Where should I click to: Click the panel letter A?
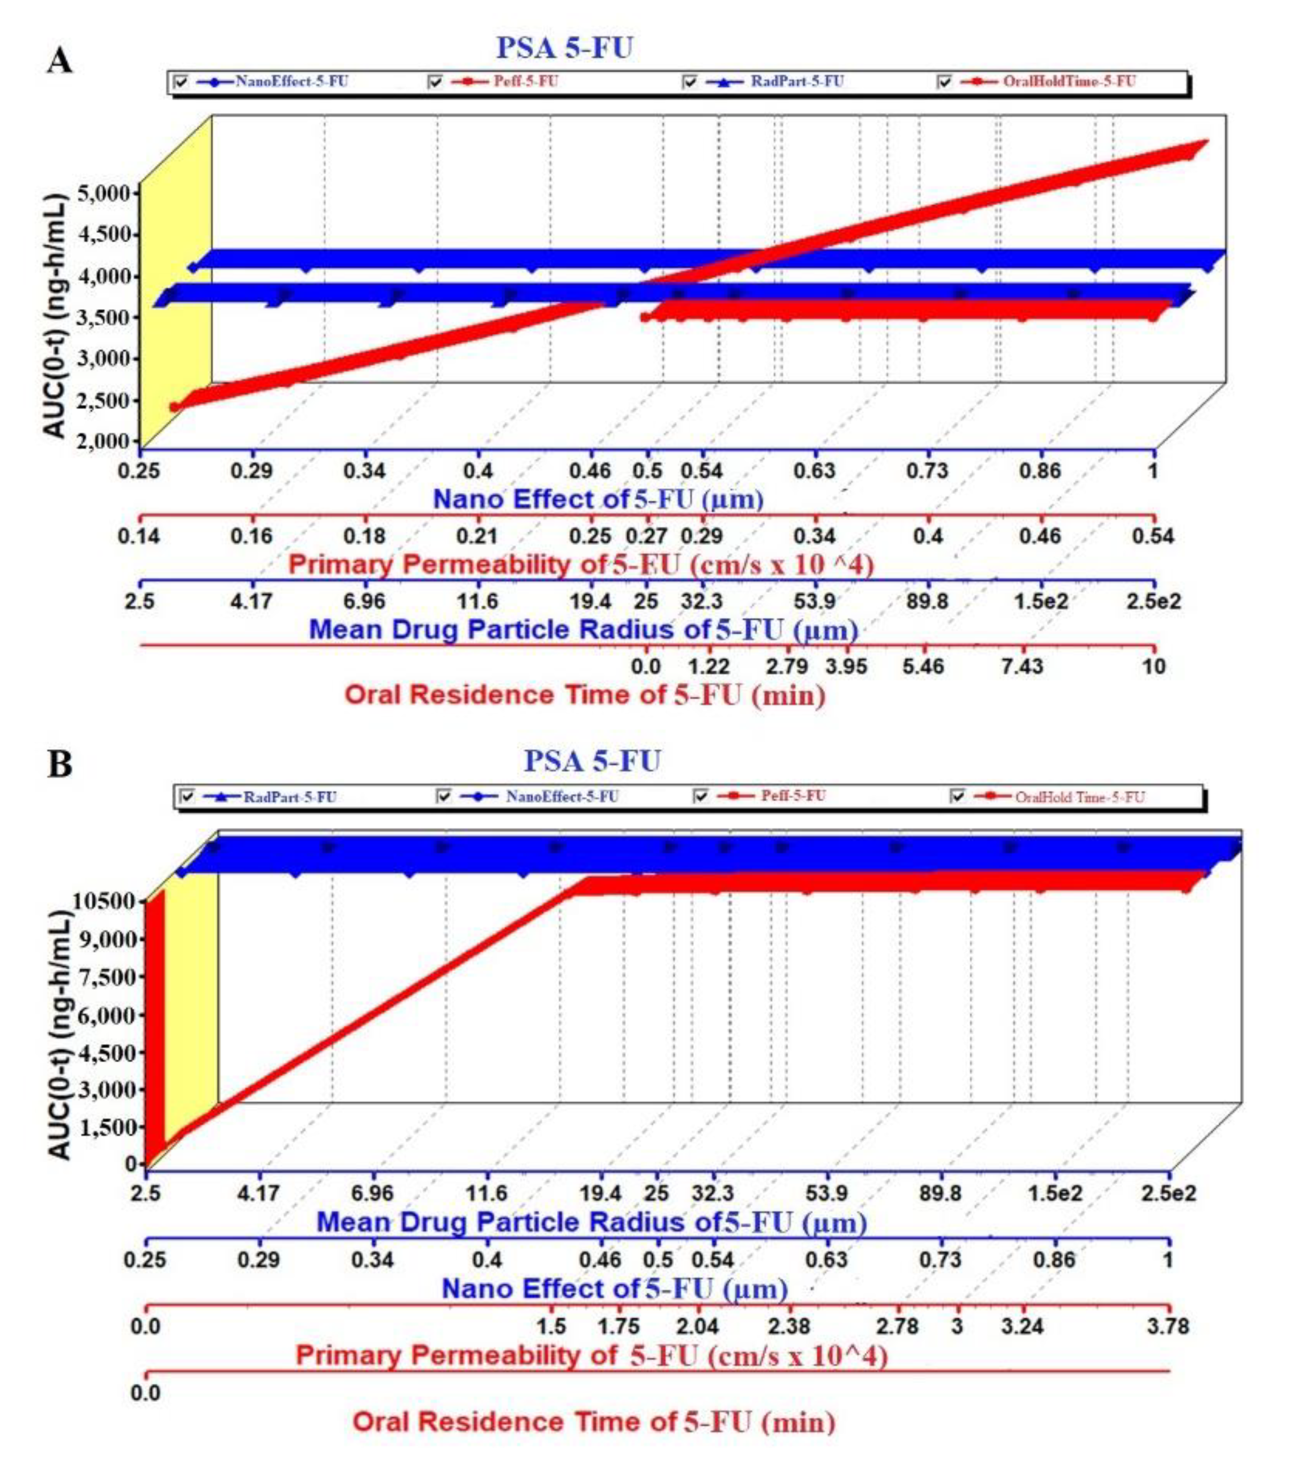click(x=59, y=61)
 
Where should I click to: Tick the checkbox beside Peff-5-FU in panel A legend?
click(x=436, y=82)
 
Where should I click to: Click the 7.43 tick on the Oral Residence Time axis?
click(x=1021, y=666)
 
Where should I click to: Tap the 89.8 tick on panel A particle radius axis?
click(x=927, y=601)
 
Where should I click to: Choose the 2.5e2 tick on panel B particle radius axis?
click(x=1168, y=1193)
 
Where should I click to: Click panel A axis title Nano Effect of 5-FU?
click(x=597, y=499)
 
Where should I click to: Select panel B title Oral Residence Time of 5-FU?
click(x=593, y=1422)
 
